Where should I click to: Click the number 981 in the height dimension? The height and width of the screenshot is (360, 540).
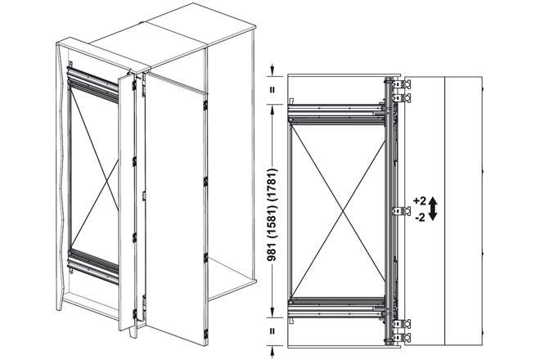click(x=272, y=249)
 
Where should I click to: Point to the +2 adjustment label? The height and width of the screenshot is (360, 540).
click(x=421, y=200)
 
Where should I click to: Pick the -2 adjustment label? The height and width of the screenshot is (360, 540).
click(x=421, y=218)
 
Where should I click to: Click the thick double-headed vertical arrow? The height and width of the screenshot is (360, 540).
click(x=434, y=209)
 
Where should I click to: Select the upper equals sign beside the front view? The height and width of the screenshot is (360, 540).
click(x=272, y=89)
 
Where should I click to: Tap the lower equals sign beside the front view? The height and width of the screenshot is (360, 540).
click(x=272, y=331)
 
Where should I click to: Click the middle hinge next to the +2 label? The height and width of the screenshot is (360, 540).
click(x=402, y=211)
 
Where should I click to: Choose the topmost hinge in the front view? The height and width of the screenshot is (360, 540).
click(x=402, y=84)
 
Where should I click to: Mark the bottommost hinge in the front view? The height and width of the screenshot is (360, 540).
click(x=402, y=337)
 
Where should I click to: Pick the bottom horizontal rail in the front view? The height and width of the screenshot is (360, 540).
click(x=336, y=307)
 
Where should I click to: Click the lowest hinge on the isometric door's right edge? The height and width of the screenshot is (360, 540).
click(x=205, y=334)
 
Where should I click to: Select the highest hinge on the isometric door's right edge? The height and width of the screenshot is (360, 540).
click(x=205, y=105)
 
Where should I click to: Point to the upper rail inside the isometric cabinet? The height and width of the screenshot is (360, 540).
click(x=93, y=85)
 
